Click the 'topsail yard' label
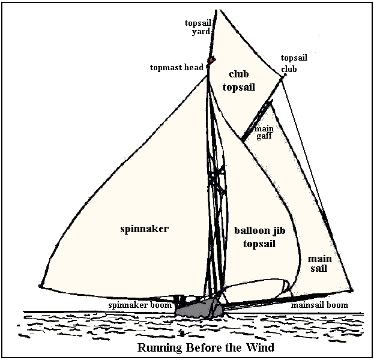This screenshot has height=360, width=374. pos(198,27)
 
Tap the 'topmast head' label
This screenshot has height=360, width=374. pos(177,67)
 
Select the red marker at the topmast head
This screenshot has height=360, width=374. pos(211,60)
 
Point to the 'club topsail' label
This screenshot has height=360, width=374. pos(239,80)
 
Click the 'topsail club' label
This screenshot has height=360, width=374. pos(294,63)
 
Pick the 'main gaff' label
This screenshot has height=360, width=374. pos(264,133)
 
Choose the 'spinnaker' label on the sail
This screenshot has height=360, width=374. pos(144,229)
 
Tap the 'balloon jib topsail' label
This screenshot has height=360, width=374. pos(259,237)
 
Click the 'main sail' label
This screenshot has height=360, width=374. pos(318,263)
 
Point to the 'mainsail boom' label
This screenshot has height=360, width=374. pos(319,305)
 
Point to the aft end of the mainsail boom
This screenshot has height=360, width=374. pos(352,290)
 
